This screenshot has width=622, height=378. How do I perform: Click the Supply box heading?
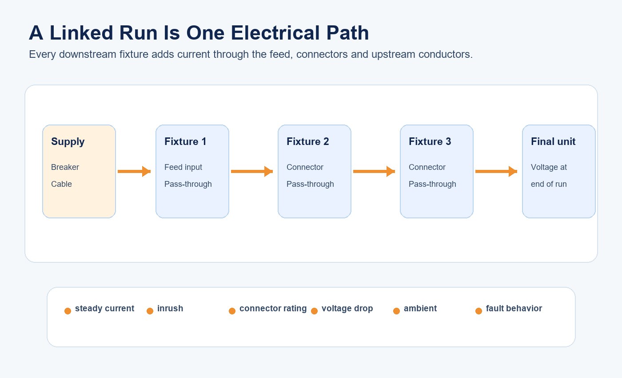[x=68, y=142]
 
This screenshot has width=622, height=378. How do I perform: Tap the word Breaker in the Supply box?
[x=65, y=167]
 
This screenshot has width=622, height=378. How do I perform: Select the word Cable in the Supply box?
[x=61, y=184]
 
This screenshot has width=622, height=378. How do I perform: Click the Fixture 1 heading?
[x=185, y=141]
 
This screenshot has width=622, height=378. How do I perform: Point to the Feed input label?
[x=183, y=167]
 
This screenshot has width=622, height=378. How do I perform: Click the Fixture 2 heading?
[x=307, y=141]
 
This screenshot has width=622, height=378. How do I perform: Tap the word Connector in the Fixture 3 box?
[x=427, y=167]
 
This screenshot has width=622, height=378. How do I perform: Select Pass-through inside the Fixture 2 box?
[x=310, y=184]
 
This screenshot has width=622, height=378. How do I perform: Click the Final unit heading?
[x=553, y=141]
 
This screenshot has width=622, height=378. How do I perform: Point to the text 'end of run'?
[x=549, y=184]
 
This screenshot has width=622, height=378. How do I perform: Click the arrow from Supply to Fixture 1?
[x=134, y=172]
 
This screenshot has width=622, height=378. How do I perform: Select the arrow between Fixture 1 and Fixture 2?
[x=252, y=172]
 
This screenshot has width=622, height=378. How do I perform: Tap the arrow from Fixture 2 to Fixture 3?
[x=374, y=172]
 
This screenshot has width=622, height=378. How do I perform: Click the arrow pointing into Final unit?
[x=496, y=172]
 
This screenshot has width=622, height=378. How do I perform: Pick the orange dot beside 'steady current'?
[x=68, y=311]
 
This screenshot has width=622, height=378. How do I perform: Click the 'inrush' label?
[x=170, y=309]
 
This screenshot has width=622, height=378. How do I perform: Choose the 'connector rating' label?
[x=273, y=309]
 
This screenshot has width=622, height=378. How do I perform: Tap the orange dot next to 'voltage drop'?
[x=315, y=311]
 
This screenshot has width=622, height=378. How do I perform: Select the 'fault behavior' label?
[x=514, y=309]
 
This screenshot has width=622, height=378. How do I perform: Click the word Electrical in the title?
[x=275, y=33]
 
